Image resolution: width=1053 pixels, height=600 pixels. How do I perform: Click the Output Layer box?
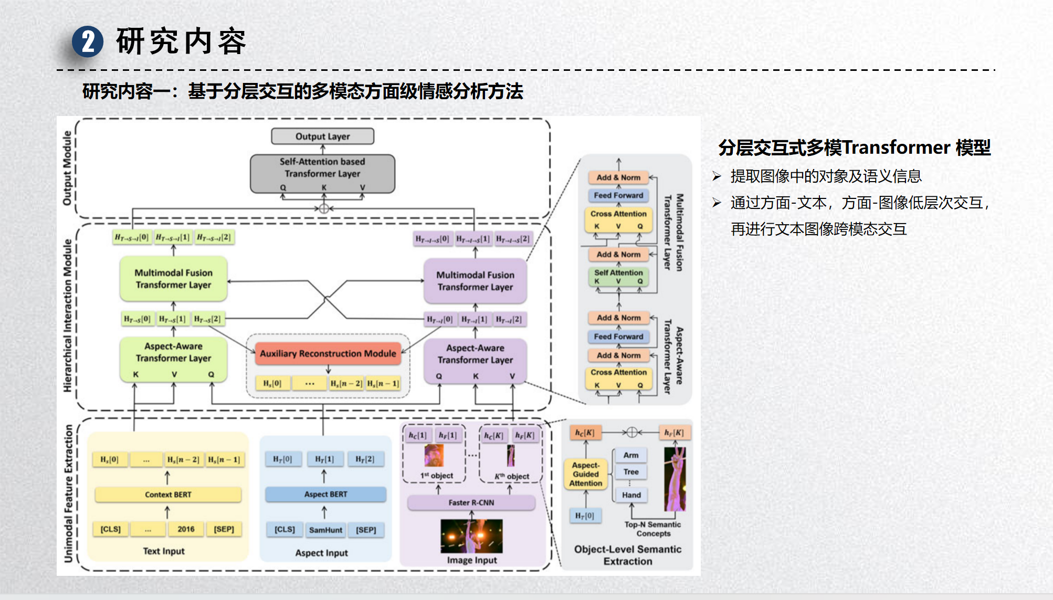[322, 136]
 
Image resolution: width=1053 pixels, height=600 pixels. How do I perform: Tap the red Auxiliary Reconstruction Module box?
[328, 354]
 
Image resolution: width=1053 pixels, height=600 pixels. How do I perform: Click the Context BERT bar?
[168, 494]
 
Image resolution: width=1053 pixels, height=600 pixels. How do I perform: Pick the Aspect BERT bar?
[325, 494]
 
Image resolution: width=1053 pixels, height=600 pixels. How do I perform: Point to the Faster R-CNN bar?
[471, 502]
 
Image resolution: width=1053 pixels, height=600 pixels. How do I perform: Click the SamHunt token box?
[325, 530]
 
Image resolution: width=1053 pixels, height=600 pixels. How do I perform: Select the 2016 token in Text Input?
[186, 529]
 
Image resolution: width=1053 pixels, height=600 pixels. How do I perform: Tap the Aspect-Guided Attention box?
[586, 474]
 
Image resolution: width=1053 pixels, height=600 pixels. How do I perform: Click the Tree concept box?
[631, 472]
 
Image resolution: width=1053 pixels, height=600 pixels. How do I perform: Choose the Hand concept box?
[631, 495]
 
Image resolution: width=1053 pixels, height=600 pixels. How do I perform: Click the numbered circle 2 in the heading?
[88, 42]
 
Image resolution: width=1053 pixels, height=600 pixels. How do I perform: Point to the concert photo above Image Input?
[471, 536]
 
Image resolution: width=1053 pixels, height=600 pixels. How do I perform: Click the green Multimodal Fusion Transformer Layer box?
[173, 279]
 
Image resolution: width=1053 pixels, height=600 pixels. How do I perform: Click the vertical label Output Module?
[67, 168]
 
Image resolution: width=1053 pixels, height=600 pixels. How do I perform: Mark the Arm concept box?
[631, 455]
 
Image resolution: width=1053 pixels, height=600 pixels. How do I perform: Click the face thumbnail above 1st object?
[434, 456]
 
